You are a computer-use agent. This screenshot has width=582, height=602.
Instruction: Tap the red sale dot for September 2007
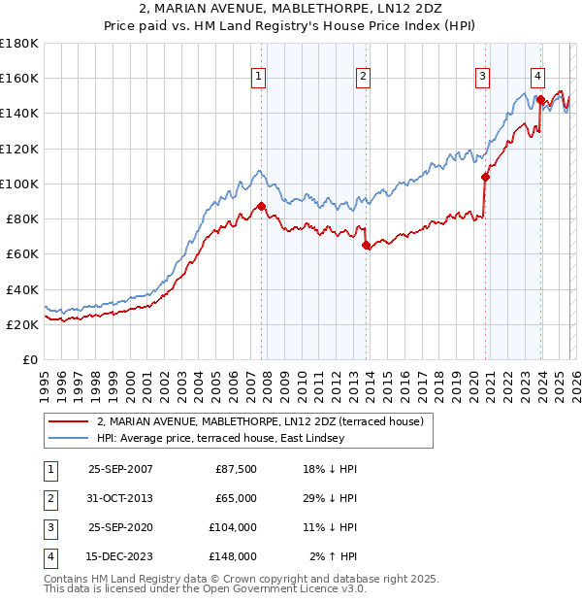tap(262, 206)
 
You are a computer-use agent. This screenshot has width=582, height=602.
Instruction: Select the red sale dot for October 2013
tap(366, 246)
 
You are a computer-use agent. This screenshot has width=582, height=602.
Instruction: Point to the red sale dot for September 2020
tap(485, 177)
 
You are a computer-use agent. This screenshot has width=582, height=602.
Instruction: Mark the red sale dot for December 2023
tap(540, 99)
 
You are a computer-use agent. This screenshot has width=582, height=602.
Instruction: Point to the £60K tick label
tap(22, 253)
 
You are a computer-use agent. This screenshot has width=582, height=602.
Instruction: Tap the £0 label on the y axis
tap(30, 359)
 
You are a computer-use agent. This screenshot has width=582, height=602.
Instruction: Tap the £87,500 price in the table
tap(233, 469)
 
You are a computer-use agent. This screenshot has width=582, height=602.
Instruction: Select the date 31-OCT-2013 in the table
tap(120, 498)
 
